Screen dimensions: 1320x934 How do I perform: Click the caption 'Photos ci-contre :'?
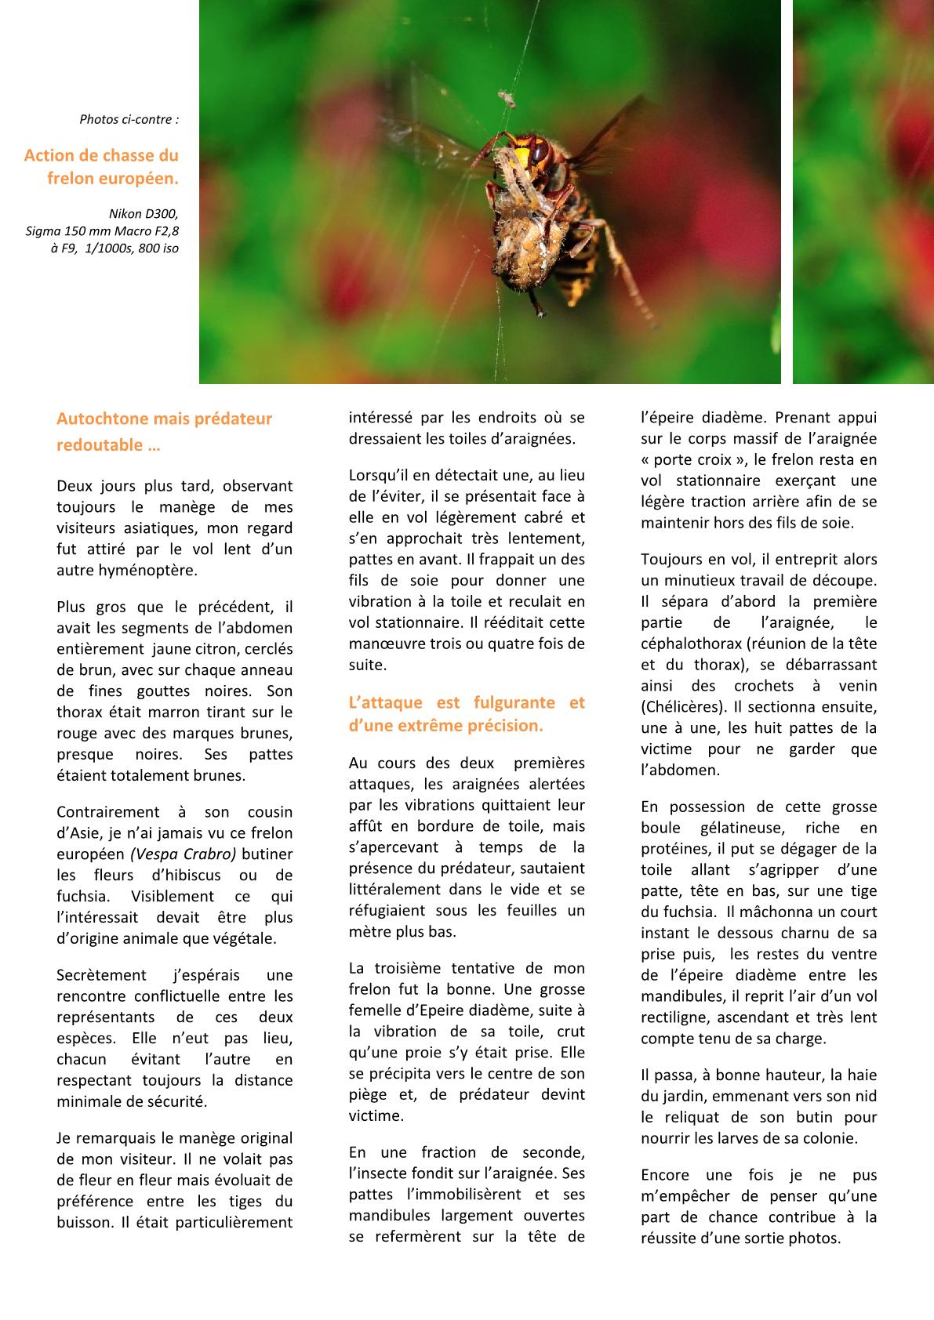click(129, 120)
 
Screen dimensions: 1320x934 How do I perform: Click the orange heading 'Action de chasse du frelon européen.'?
click(102, 166)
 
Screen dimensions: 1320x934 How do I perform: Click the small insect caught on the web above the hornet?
click(507, 98)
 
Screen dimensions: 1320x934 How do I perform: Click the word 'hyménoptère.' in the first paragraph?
click(127, 570)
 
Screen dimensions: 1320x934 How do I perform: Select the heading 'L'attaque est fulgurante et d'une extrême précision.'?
click(467, 713)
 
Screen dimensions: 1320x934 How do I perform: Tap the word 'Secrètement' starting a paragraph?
click(101, 975)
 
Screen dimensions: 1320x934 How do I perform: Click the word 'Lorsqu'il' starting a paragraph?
click(381, 475)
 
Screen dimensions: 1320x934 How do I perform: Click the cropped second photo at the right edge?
click(863, 192)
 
